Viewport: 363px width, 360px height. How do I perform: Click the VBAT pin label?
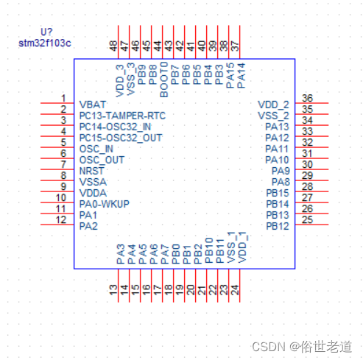[x=93, y=105]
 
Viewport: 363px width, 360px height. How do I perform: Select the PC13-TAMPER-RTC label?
[x=122, y=116]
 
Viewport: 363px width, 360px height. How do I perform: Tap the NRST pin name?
[x=91, y=171]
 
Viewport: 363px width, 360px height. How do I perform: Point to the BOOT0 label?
[x=163, y=80]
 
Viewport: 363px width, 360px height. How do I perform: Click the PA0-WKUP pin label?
[x=105, y=204]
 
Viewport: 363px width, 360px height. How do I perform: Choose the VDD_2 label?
[x=273, y=105]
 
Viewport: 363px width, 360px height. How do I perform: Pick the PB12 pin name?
[x=278, y=226]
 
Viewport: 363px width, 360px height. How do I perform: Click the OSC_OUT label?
[x=102, y=160]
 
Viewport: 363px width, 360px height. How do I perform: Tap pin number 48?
[x=113, y=46]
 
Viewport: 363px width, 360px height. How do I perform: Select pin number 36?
[x=307, y=98]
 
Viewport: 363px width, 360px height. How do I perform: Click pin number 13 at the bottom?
[x=113, y=290]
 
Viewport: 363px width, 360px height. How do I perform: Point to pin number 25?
[x=307, y=219]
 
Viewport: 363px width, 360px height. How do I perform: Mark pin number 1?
[x=63, y=98]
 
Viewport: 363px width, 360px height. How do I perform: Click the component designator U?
[x=46, y=32]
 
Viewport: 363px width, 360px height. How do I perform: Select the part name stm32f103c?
[x=45, y=43]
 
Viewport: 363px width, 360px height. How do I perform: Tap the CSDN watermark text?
[x=302, y=347]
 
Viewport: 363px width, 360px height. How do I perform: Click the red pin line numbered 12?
[x=57, y=225]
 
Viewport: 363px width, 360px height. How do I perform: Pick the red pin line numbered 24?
[x=240, y=286]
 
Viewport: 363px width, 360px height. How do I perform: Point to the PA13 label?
[x=278, y=127]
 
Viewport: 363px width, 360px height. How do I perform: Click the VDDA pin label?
[x=93, y=193]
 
